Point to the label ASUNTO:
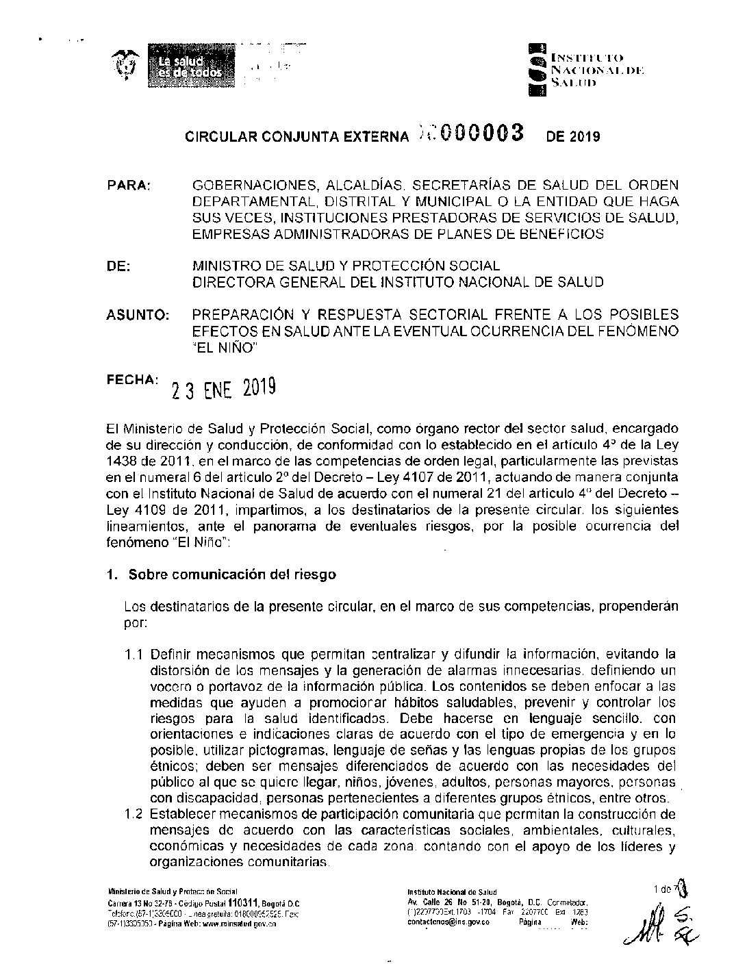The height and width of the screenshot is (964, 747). coord(138,316)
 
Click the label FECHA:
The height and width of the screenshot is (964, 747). coord(132,379)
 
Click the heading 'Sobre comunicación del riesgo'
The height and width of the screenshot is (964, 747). coord(232,574)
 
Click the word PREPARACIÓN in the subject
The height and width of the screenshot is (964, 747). coord(240,315)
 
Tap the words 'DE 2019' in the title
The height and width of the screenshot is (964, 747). coord(572,136)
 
